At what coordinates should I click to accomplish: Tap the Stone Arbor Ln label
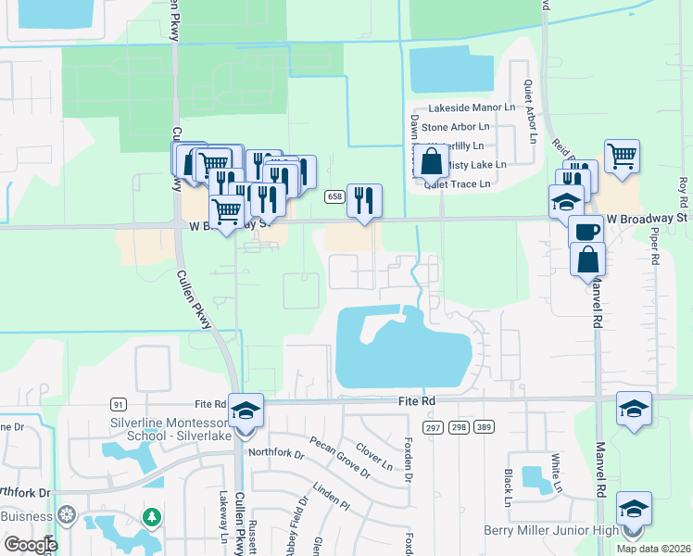click(x=455, y=127)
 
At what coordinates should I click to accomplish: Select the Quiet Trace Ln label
click(x=457, y=183)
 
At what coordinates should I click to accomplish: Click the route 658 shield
click(x=334, y=196)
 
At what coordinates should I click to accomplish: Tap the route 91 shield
click(x=118, y=404)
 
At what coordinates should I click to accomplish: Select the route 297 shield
click(x=433, y=425)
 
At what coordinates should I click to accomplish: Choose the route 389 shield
click(x=483, y=425)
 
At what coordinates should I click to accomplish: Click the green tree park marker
click(x=151, y=515)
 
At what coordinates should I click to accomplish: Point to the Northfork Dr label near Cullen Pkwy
click(x=276, y=454)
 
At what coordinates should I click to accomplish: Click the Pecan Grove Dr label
click(x=340, y=458)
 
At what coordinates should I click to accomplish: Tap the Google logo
click(x=31, y=544)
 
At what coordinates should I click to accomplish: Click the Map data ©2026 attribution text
click(x=653, y=549)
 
